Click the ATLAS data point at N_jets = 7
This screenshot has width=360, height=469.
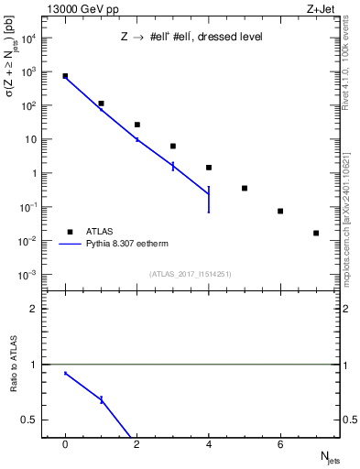[x=316, y=233]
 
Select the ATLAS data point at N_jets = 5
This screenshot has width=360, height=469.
[x=245, y=188]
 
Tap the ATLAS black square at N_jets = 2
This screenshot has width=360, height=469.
[x=136, y=125]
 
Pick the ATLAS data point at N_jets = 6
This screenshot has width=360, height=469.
[x=280, y=211]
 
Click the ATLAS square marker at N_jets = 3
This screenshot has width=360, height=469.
[x=173, y=146]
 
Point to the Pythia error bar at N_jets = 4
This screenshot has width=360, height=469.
[x=209, y=199]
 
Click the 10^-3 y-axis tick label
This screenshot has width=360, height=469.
[x=27, y=275]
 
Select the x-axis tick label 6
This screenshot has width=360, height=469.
[x=280, y=445]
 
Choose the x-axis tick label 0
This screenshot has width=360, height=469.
[x=65, y=445]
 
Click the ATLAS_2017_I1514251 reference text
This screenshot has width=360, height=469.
[x=191, y=275]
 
